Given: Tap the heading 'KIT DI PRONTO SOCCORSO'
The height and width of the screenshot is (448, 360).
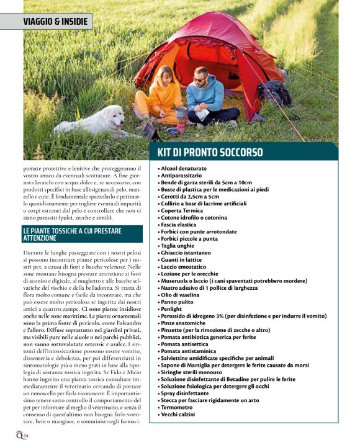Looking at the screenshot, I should pos(210,153).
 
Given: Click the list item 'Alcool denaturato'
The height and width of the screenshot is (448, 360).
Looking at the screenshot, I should pos(184,168).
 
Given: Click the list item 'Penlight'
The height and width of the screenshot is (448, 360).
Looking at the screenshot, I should pos(171,308).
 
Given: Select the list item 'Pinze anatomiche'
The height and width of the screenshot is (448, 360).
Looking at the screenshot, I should pos(184,323).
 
